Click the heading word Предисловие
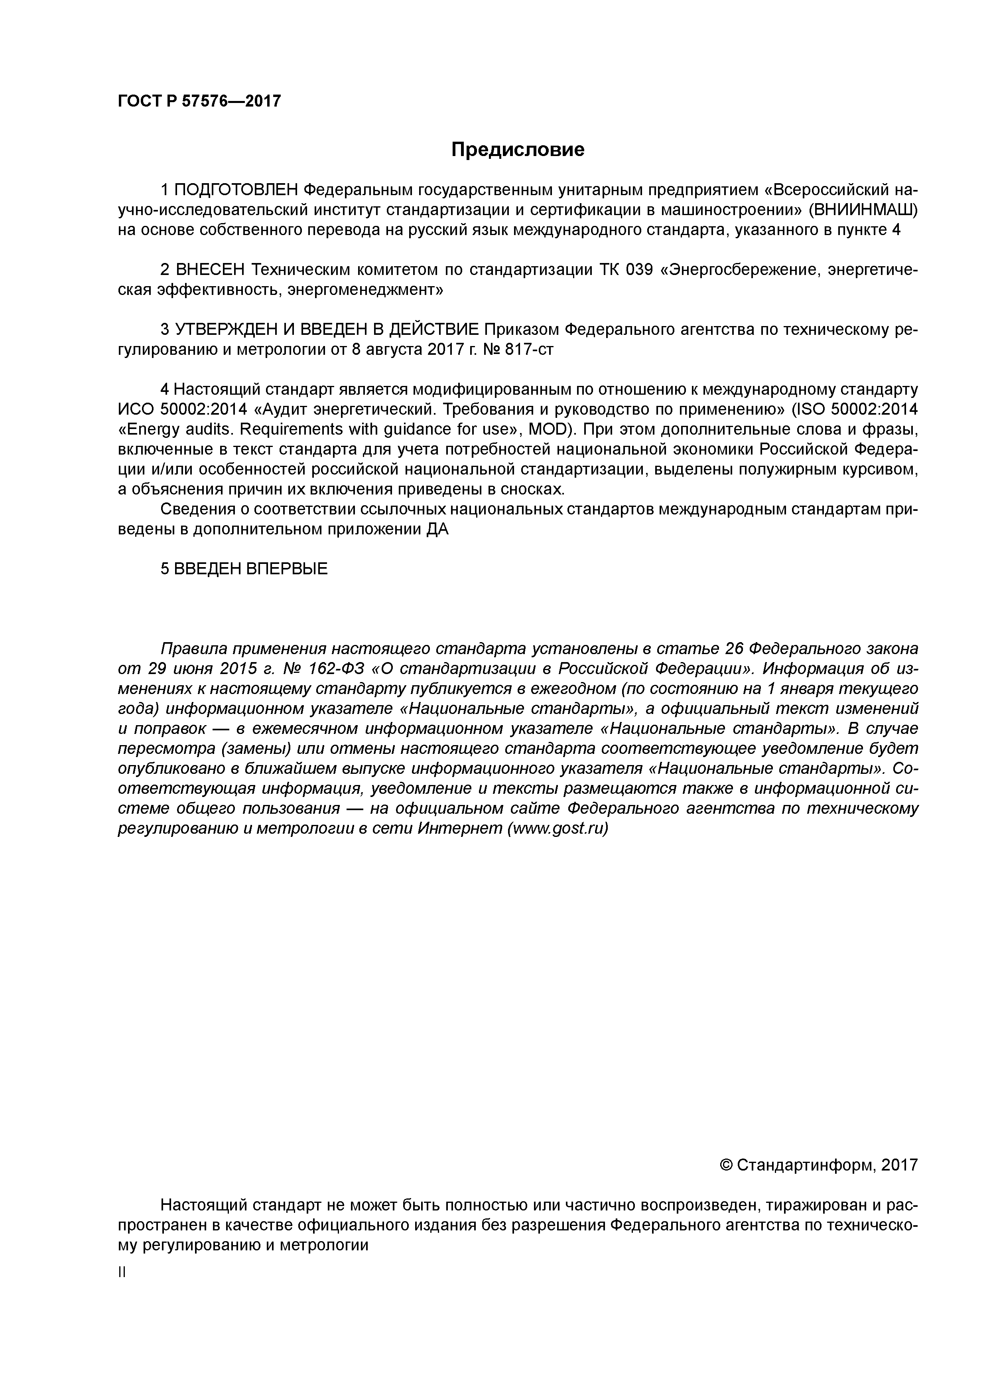click(517, 149)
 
